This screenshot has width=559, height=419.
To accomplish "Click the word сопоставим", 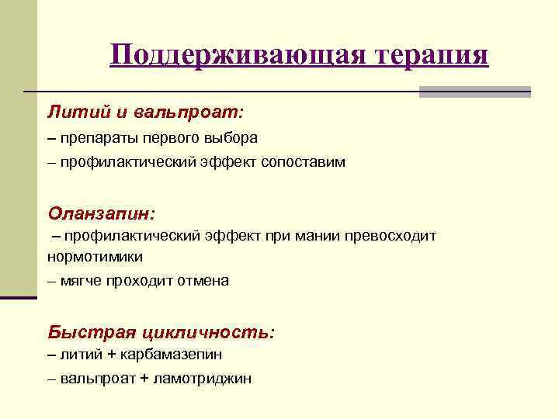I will tap(304, 162).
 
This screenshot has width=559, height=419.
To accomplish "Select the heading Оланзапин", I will tap(101, 212).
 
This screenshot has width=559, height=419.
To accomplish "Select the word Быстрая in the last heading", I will tap(91, 331).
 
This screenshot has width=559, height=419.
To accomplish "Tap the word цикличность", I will tap(207, 331).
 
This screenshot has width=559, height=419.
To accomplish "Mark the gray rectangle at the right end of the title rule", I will tap(474, 92).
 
